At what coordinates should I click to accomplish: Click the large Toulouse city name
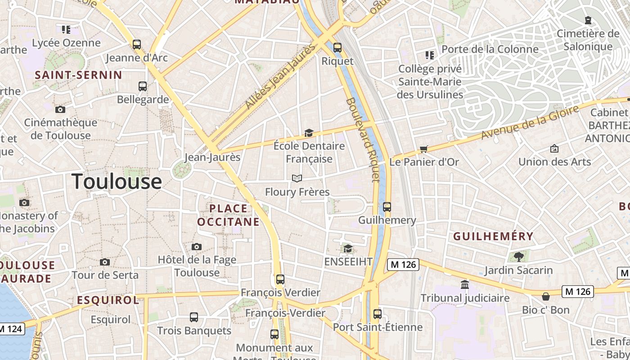click(117, 181)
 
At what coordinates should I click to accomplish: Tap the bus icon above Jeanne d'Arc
click(137, 45)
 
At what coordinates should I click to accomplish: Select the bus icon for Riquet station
click(337, 47)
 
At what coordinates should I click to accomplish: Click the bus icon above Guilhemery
click(387, 207)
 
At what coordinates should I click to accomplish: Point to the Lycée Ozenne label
click(66, 43)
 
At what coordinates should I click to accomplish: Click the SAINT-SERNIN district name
click(79, 75)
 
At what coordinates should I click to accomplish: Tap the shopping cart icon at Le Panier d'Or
click(423, 149)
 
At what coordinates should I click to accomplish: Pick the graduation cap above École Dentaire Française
click(309, 133)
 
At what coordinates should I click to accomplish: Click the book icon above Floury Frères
click(297, 179)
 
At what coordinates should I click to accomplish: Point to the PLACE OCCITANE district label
click(229, 215)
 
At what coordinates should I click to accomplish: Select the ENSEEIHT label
click(348, 261)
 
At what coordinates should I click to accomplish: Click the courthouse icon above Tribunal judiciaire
click(465, 284)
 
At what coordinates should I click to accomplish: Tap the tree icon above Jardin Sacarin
click(518, 257)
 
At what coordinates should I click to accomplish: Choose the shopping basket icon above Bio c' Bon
click(546, 297)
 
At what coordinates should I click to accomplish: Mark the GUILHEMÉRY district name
click(493, 236)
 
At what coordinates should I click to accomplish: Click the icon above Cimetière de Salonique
click(588, 20)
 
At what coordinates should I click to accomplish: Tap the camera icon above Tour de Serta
click(105, 262)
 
